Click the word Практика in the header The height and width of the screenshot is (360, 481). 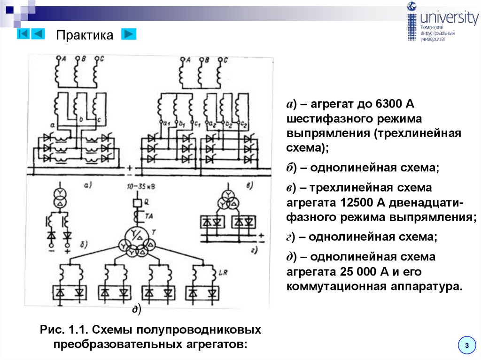click(85, 36)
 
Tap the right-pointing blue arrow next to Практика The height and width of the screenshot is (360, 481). click(129, 34)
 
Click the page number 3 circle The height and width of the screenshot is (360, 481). click(467, 345)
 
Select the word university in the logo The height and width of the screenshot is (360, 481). click(449, 18)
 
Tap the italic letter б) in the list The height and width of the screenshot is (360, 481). click(292, 168)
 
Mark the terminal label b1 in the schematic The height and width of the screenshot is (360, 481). click(182, 124)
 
